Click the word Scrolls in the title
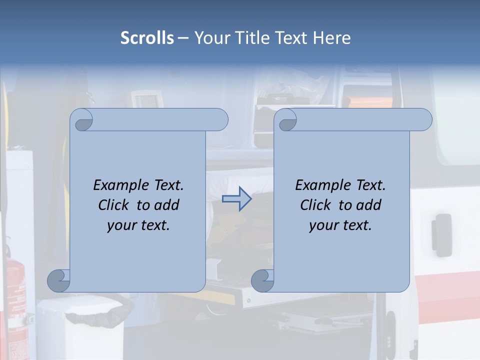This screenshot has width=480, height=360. coord(147,38)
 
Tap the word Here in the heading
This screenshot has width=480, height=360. coord(332,38)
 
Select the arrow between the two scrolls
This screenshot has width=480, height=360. coord(236,198)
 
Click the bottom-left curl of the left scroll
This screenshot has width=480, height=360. coord(58,280)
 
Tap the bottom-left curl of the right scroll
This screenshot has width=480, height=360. coord(262,280)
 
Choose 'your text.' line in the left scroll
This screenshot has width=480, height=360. coord(138,225)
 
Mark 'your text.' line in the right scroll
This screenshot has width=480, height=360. coord(340,225)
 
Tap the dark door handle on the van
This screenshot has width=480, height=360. coord(441,234)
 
